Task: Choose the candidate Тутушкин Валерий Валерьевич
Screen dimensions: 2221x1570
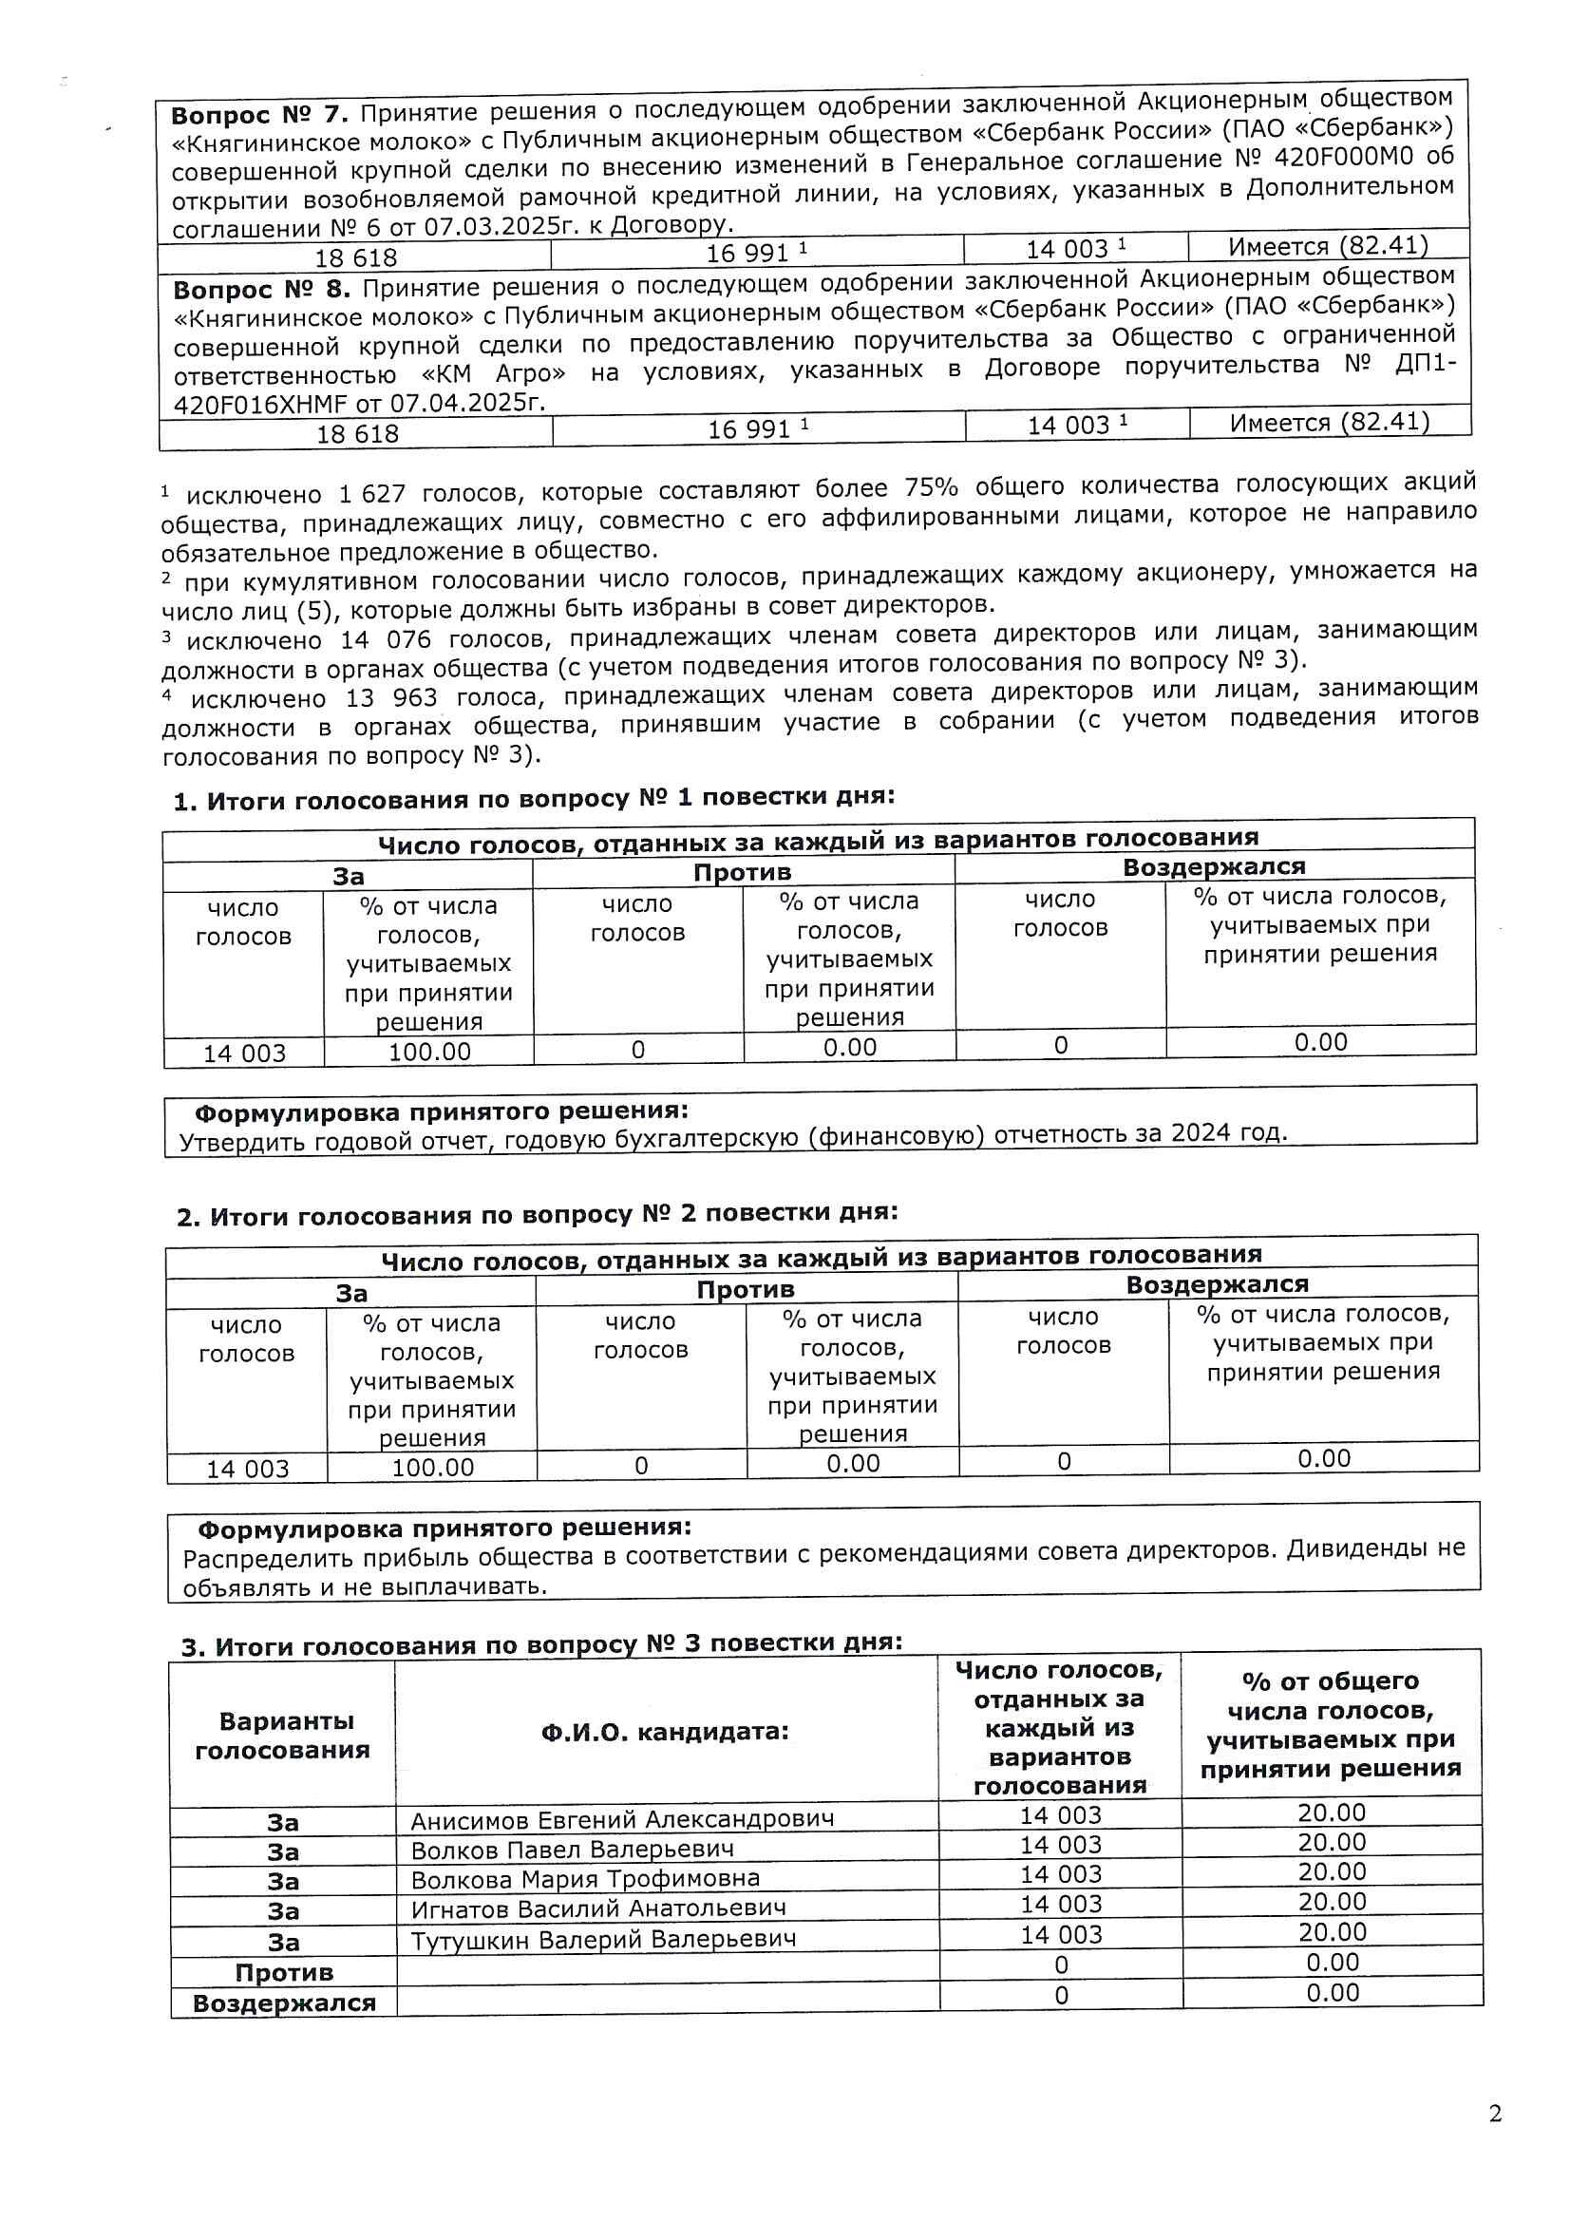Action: point(603,1940)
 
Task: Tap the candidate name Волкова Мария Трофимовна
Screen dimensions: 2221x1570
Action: point(585,1879)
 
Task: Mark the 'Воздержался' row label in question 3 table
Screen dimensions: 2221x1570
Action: point(283,2003)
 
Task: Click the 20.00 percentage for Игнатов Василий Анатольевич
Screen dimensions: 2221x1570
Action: point(1331,1902)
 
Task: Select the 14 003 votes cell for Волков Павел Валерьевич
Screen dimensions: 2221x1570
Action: point(1060,1846)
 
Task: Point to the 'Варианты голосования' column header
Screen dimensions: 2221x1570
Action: point(282,1736)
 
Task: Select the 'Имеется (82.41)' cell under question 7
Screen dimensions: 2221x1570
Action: point(1327,246)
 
